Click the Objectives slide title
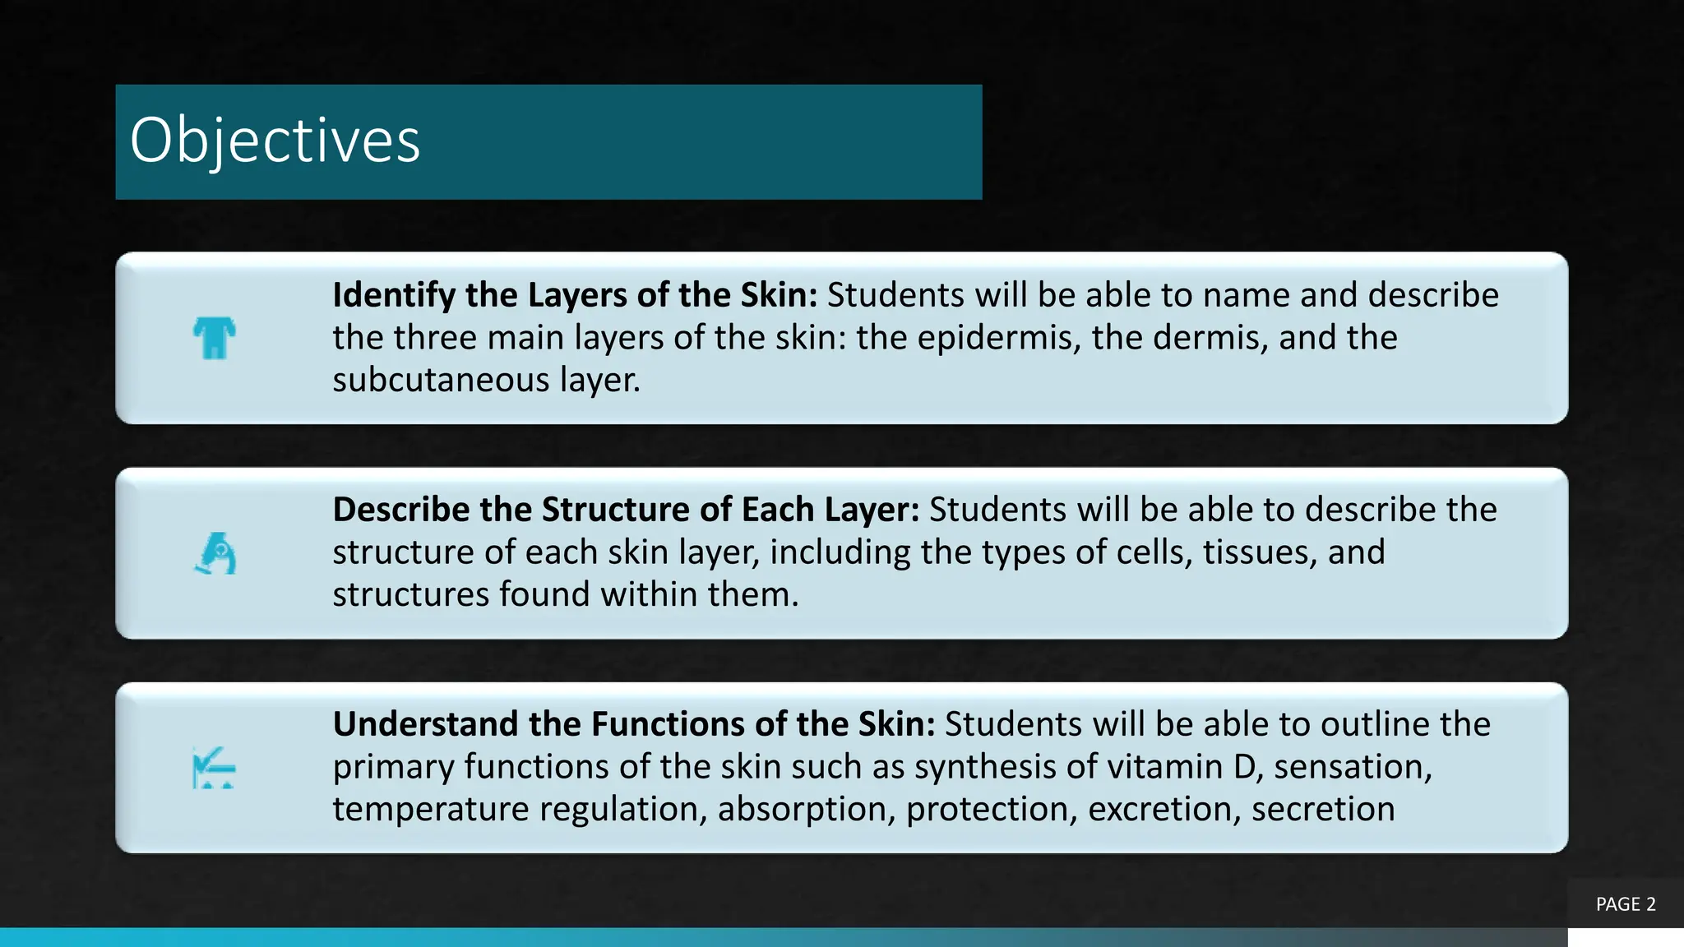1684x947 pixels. click(275, 141)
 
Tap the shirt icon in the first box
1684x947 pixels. click(215, 338)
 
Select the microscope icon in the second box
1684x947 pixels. click(215, 553)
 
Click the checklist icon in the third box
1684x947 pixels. click(214, 768)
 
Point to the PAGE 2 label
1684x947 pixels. click(1626, 904)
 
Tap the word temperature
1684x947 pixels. click(431, 810)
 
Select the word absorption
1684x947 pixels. click(806, 810)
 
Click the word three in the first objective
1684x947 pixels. click(432, 338)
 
